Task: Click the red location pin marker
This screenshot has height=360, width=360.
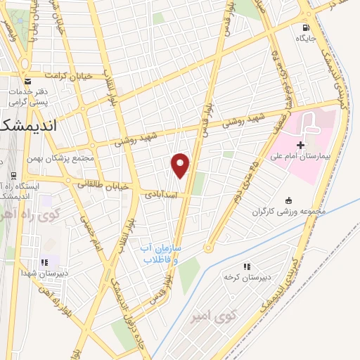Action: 181,165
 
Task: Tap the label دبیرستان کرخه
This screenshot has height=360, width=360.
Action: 247,276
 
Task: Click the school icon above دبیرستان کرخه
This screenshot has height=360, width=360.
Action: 247,266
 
